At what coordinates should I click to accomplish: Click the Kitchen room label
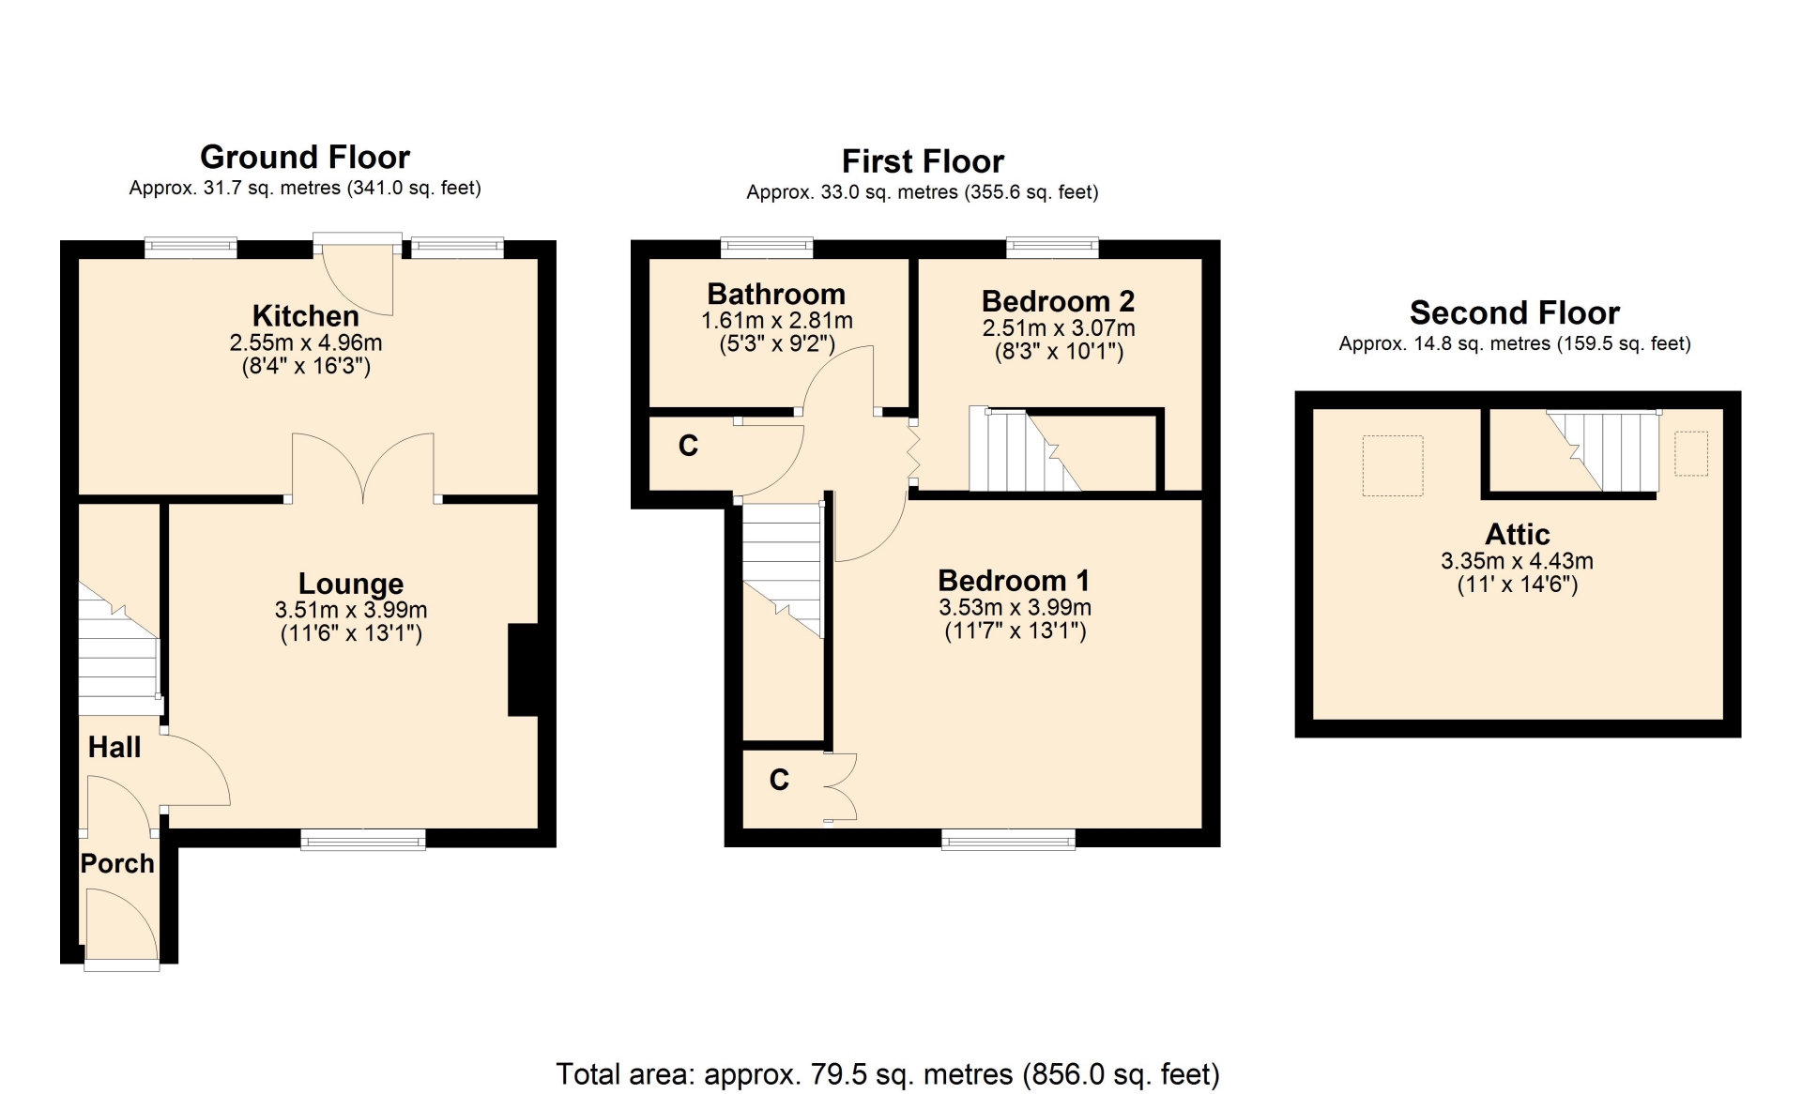click(x=305, y=315)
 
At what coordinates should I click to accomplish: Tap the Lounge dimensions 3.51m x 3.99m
click(x=351, y=610)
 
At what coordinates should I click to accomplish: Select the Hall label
click(x=115, y=747)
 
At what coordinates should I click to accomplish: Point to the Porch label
click(x=117, y=863)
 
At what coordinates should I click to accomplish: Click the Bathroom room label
click(x=776, y=294)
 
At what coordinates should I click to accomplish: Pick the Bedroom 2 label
click(x=1058, y=301)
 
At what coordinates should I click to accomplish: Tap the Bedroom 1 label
click(x=1014, y=581)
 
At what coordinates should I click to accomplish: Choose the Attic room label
click(x=1517, y=534)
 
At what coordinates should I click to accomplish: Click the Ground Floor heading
click(x=305, y=157)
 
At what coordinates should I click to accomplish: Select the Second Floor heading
click(x=1515, y=312)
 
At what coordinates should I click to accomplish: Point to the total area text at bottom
click(x=888, y=1073)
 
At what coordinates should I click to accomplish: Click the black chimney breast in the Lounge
click(x=523, y=670)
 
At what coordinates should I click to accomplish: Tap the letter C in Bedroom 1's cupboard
click(x=779, y=780)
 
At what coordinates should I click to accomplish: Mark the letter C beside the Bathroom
click(x=688, y=446)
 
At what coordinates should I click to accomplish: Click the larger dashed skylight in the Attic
click(x=1393, y=465)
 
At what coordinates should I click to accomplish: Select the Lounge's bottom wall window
click(x=363, y=839)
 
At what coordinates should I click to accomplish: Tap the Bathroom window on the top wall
click(x=767, y=248)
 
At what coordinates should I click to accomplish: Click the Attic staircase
click(x=1602, y=449)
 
